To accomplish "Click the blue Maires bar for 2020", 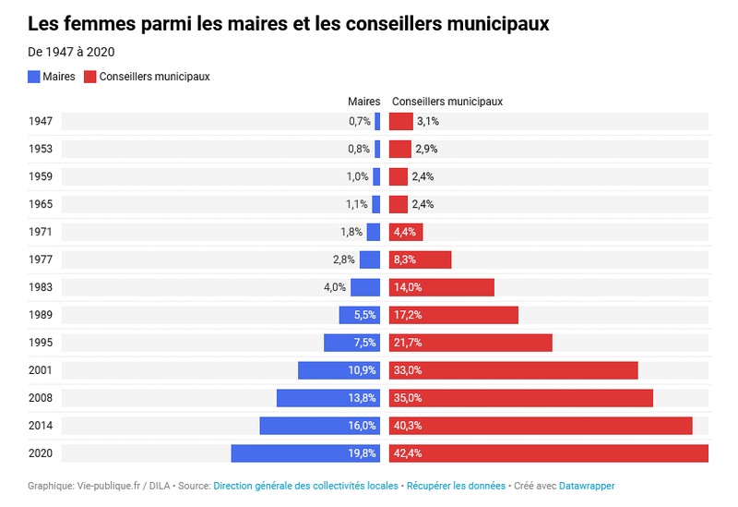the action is [305, 453].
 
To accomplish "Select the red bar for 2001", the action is [514, 370].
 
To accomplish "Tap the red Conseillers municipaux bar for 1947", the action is [401, 121].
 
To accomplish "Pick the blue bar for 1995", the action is [352, 343].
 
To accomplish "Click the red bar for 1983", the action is [442, 287].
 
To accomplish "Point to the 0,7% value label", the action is [360, 121].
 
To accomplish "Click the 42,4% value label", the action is [408, 453].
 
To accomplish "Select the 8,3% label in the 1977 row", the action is [405, 260].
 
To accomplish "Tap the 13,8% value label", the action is [362, 398].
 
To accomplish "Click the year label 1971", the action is [41, 232].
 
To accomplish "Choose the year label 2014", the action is [41, 426].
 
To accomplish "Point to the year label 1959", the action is [41, 176].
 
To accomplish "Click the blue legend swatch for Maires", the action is [34, 77].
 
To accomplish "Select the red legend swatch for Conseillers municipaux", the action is [89, 77].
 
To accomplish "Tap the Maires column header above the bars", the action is [363, 102].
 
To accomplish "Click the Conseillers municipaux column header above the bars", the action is [447, 102].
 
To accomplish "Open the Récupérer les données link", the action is [456, 486].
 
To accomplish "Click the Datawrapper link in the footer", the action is [587, 486].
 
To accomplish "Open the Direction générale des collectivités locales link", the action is [305, 486].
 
